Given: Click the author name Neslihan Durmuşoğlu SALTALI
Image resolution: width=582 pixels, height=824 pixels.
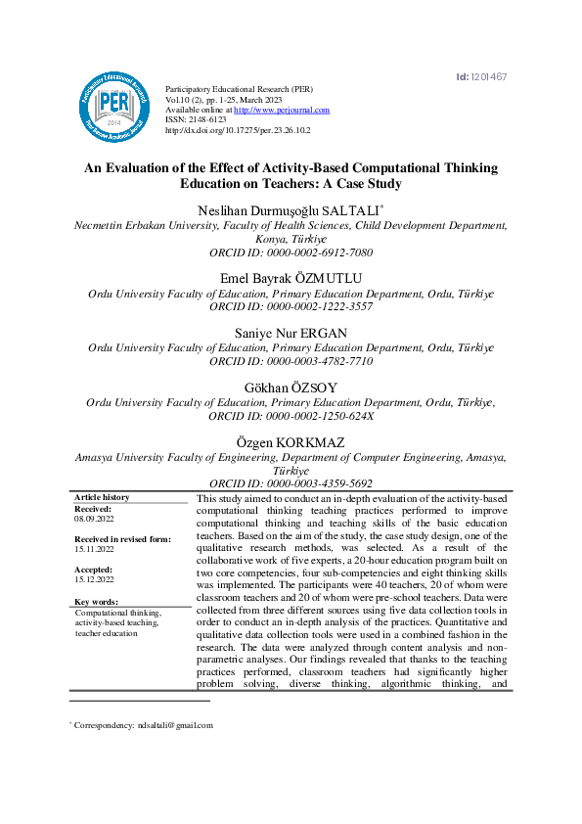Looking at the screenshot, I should click(291, 209).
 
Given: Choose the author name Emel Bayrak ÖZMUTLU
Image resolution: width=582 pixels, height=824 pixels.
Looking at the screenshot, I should click(291, 279).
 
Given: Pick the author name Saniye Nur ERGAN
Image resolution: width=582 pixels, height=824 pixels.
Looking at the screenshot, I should click(291, 334).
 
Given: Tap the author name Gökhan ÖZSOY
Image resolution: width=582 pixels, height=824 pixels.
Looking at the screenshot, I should click(291, 389).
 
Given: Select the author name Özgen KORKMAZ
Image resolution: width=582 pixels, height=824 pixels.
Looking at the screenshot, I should click(291, 443).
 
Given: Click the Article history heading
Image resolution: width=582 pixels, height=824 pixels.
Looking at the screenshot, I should click(102, 498).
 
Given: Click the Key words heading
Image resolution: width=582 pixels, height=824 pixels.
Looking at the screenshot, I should click(96, 602).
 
